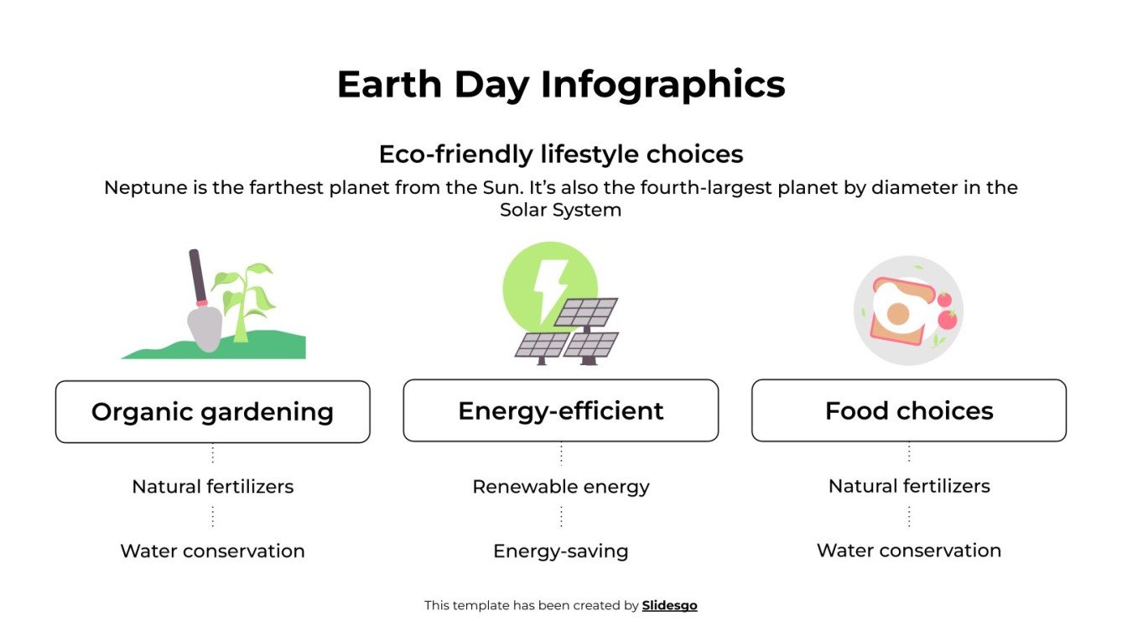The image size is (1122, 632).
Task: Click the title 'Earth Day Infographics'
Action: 560,85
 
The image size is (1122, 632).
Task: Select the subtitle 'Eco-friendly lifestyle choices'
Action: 560,154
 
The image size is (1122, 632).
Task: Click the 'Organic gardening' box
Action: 212,411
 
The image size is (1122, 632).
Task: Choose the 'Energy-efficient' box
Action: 560,410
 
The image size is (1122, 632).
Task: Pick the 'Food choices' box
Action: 908,410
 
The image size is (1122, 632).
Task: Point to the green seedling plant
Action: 244,298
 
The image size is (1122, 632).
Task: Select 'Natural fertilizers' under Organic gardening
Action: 212,486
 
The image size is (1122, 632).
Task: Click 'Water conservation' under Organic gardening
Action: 212,551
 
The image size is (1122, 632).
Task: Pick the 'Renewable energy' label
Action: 560,486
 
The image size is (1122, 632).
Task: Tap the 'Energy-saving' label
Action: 560,551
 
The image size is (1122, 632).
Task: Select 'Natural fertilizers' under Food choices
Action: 908,485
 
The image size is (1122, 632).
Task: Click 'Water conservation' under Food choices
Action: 908,550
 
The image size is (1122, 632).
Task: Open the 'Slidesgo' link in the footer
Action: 669,605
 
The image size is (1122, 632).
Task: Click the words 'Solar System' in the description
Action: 560,210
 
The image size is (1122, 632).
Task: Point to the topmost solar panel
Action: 586,312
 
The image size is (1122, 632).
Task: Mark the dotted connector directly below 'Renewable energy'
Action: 560,516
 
